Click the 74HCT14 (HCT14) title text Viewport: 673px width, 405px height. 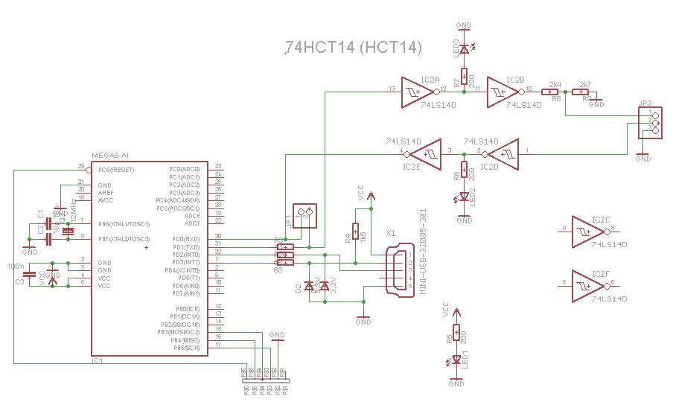click(x=353, y=47)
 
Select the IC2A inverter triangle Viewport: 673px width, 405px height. click(x=416, y=91)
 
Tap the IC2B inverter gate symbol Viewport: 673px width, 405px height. click(x=502, y=91)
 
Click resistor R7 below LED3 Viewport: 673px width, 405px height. click(x=464, y=76)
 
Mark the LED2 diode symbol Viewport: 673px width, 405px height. click(x=464, y=197)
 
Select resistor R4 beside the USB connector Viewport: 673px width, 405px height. click(x=356, y=233)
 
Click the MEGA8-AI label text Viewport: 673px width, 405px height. click(x=110, y=155)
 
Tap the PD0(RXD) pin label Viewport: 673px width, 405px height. click(x=185, y=239)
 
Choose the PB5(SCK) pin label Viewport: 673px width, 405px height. click(x=185, y=348)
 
